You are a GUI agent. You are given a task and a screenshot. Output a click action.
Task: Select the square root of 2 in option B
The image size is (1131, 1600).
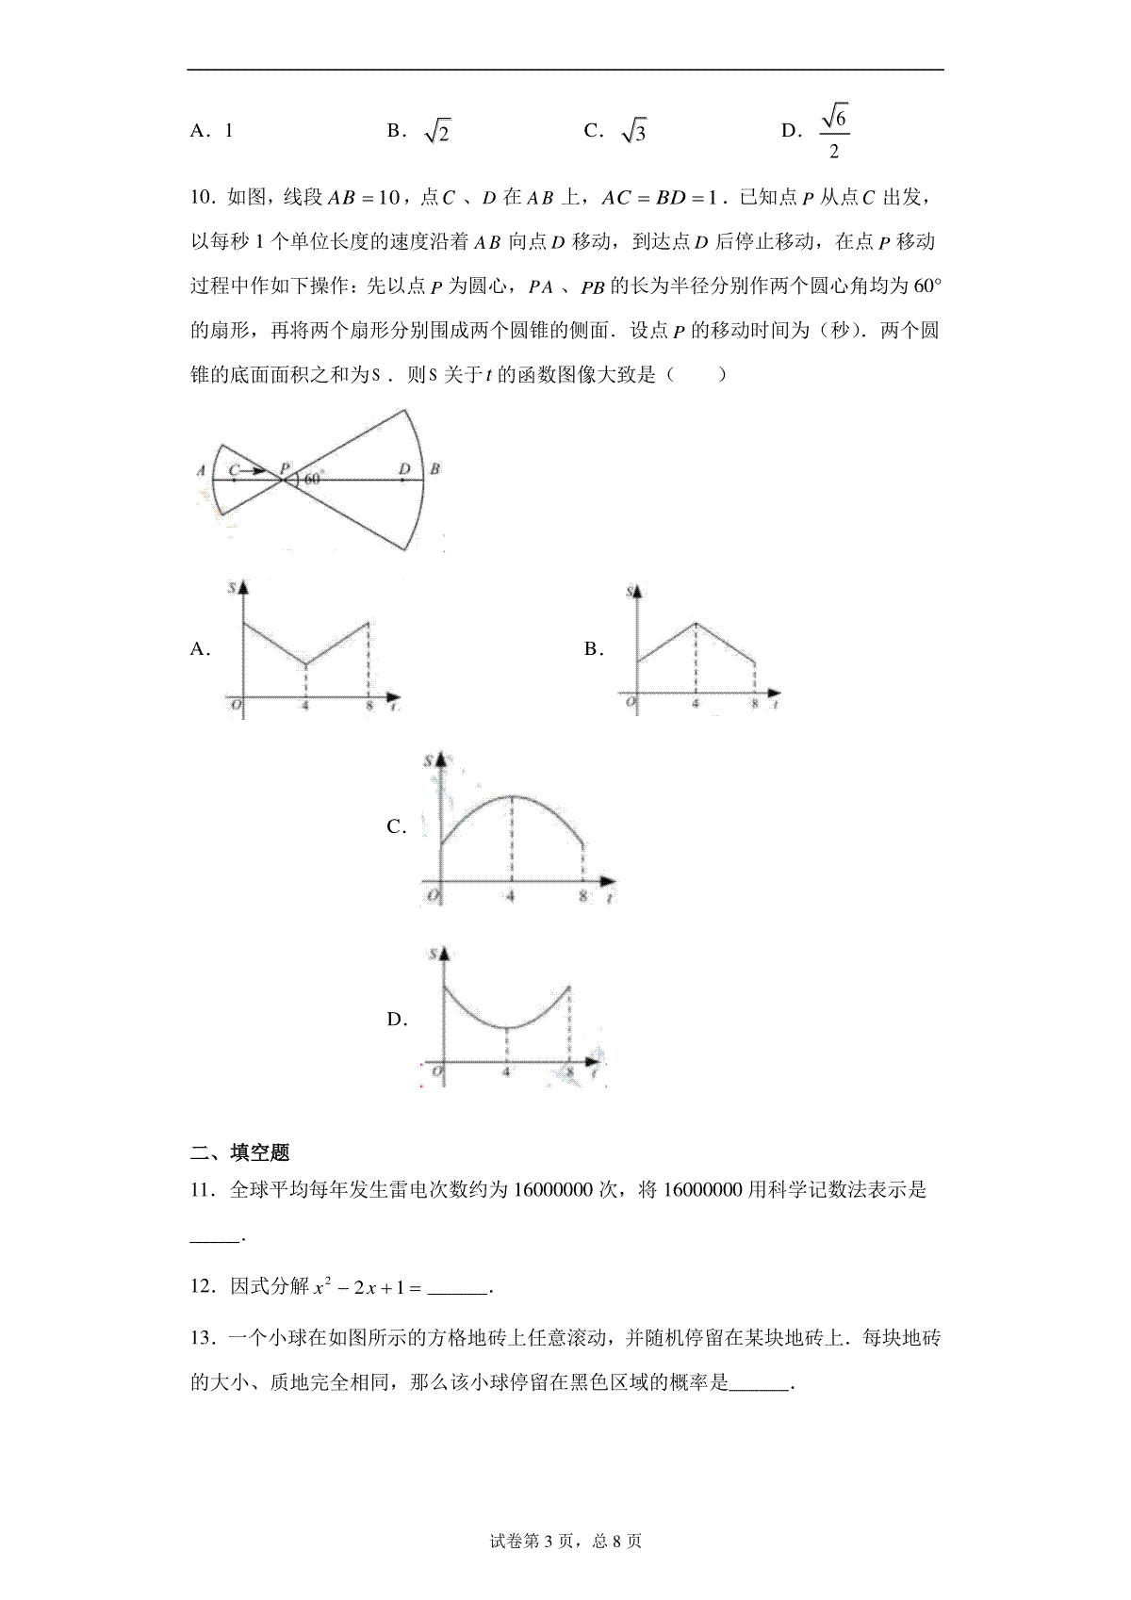437,132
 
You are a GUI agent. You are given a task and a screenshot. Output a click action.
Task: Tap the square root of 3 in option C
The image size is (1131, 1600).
634,132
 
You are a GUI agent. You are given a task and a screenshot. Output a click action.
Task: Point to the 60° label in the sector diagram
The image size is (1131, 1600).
314,478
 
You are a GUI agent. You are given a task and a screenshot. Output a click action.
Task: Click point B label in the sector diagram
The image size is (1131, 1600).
435,468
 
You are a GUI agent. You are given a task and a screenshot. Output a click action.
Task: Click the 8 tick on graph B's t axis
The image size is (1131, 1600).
754,704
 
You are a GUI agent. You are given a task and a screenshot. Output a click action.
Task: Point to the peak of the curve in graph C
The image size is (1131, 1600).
512,797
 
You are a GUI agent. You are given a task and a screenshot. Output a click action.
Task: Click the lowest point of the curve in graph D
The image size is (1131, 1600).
508,1027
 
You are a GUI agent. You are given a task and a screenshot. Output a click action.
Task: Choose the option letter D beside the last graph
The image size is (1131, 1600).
396,1020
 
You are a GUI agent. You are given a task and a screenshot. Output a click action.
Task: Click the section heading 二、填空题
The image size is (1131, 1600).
240,1151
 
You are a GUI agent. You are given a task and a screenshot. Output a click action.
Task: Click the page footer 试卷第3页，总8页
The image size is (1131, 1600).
565,1542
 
